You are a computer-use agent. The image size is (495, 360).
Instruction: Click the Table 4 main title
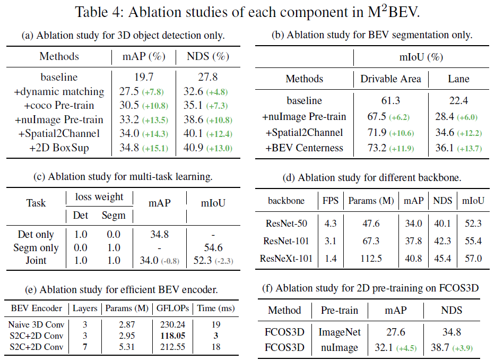[247, 12]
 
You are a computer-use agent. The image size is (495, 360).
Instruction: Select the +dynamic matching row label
[59, 91]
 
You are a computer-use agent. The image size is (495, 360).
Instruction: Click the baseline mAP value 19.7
[128, 77]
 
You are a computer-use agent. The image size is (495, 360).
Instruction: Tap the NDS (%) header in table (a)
[204, 56]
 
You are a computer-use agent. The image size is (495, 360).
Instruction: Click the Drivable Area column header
[390, 79]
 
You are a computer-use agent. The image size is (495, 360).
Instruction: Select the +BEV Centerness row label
[304, 148]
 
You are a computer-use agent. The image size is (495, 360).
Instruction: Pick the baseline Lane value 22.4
[458, 100]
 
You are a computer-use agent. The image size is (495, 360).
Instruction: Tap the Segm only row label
[36, 248]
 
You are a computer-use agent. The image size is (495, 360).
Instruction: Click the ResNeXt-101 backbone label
[287, 259]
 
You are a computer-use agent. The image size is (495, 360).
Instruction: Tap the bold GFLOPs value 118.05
[170, 336]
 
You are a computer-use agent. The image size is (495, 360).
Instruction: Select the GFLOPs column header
[170, 308]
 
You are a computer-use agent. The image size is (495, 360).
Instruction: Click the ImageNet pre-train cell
[340, 332]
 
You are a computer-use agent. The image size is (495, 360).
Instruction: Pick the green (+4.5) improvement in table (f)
[406, 348]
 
